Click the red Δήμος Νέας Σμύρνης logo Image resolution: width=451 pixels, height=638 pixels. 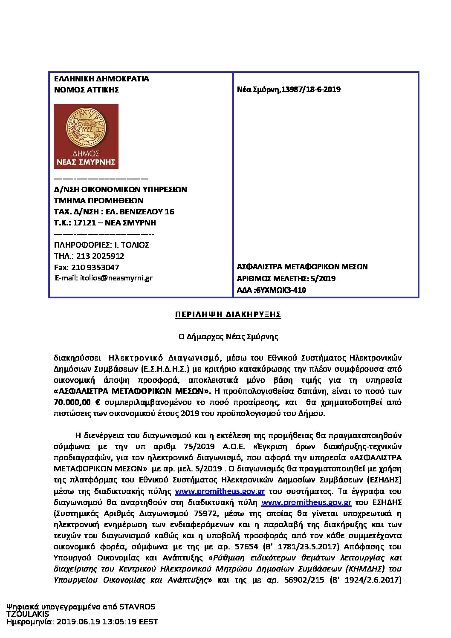tap(86, 136)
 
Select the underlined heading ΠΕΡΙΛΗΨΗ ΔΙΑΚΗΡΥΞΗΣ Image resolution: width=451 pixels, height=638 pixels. tap(228, 315)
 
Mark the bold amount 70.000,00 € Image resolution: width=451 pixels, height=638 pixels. tap(77, 402)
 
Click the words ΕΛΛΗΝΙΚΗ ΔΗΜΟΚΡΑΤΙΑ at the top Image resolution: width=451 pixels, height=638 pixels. tap(101, 79)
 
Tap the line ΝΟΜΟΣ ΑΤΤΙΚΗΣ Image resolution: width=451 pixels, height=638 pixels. tap(87, 90)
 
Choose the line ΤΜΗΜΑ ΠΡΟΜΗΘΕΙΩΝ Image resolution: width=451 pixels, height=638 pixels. tap(99, 201)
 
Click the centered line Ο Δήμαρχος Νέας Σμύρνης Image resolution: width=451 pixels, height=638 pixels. tap(228, 337)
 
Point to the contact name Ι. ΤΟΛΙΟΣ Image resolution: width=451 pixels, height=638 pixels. tap(132, 245)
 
